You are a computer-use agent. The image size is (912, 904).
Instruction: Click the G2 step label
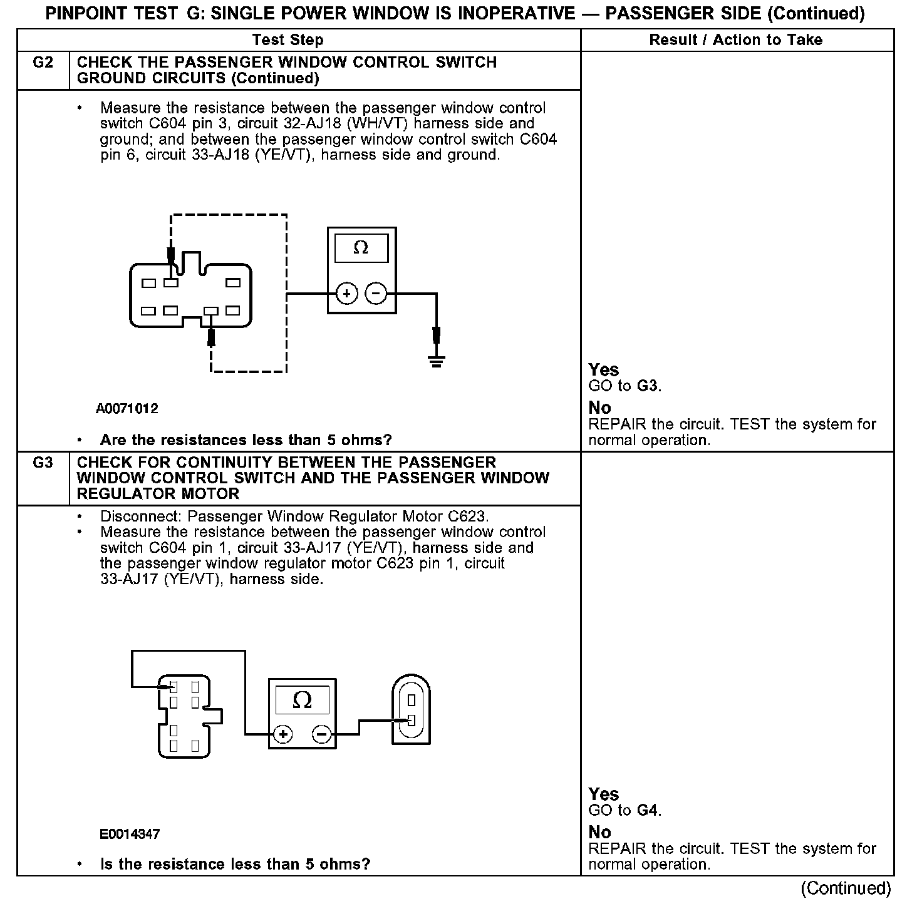43,63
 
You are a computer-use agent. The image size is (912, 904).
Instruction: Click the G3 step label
43,463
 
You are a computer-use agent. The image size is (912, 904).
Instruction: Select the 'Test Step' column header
288,40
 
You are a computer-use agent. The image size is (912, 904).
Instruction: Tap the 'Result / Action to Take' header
735,40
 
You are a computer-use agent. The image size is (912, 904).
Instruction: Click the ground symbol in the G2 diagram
437,361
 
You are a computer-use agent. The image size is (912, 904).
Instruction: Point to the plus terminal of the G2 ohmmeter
347,293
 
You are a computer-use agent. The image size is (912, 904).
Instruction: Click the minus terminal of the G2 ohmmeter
376,293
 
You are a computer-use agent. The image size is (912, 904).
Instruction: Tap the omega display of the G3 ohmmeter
303,700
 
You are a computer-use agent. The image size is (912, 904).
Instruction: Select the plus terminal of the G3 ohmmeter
283,734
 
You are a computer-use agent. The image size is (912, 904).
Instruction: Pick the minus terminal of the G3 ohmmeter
322,734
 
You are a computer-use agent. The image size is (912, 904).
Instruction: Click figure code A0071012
127,409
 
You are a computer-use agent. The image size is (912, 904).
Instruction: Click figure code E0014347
130,834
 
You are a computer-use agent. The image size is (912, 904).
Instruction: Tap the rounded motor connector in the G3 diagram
411,709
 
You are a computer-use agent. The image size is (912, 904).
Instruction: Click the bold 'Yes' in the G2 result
604,370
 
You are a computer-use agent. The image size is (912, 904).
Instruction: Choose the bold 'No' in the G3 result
600,832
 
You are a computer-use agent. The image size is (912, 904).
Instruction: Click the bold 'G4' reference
647,811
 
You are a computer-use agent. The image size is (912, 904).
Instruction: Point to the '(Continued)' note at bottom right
845,888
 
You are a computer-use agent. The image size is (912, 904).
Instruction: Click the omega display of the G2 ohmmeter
361,248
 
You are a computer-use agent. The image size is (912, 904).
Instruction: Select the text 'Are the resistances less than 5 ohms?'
246,440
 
